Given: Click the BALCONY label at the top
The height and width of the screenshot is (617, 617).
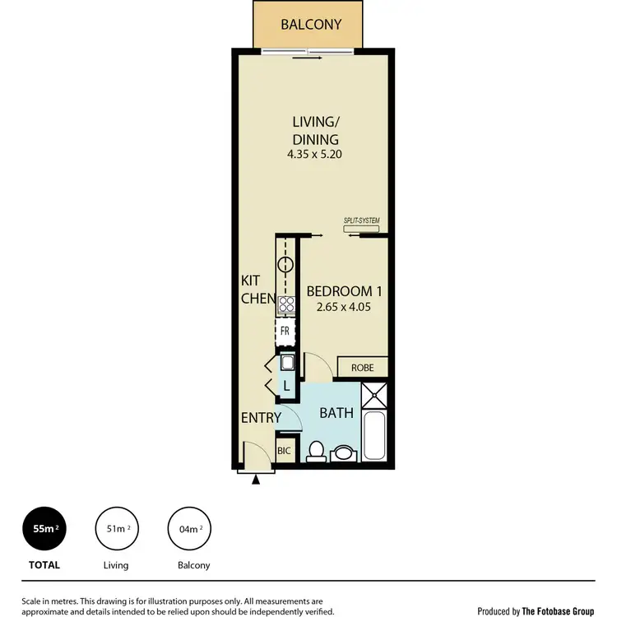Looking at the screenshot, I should click(x=311, y=25).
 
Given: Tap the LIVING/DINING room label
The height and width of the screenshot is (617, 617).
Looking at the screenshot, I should click(x=315, y=130).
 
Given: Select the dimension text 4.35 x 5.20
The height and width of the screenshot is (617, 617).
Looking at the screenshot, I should click(x=315, y=154).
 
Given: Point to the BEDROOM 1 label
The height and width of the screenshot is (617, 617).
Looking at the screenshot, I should click(x=344, y=291).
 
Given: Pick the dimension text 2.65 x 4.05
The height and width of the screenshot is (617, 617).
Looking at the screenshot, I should click(x=344, y=309).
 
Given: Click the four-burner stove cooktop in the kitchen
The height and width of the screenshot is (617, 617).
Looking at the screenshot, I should click(x=285, y=304).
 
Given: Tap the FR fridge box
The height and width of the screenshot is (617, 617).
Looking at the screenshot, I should click(x=285, y=331).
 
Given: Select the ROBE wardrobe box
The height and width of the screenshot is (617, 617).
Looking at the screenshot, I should click(x=362, y=368).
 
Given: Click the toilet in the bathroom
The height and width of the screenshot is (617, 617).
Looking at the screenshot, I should click(x=315, y=450).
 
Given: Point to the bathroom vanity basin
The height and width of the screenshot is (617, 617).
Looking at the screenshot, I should click(x=344, y=452).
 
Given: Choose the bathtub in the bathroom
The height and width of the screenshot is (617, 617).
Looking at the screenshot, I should click(x=375, y=436).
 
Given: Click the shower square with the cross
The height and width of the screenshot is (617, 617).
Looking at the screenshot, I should click(x=375, y=395).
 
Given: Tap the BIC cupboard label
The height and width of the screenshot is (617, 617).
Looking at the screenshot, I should click(x=285, y=452).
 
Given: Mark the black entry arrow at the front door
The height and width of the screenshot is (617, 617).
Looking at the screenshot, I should click(x=257, y=479).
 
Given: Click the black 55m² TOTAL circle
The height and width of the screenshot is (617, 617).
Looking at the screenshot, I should click(x=45, y=529).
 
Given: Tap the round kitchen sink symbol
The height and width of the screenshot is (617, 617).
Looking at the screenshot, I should click(x=285, y=265).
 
